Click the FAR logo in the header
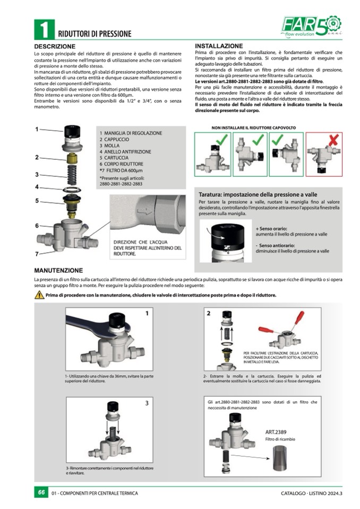tap(311, 25)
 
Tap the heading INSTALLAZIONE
tap(219, 46)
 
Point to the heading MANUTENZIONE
tap(58, 270)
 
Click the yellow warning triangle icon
tap(39, 295)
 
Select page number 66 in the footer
tap(41, 493)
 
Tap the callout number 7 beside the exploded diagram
tap(37, 254)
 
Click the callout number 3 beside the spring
tap(37, 174)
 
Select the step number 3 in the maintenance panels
tap(146, 403)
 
